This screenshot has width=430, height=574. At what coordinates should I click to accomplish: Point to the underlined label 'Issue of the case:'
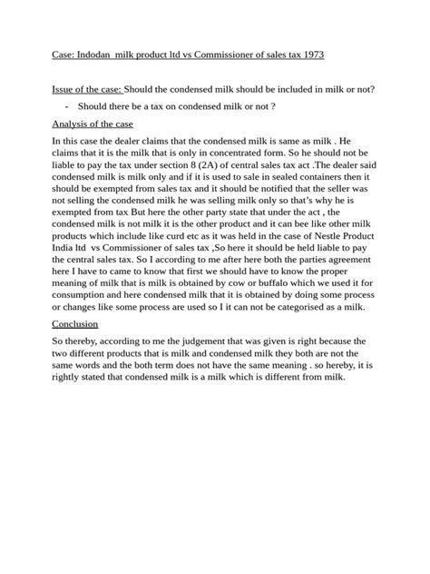[86, 89]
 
